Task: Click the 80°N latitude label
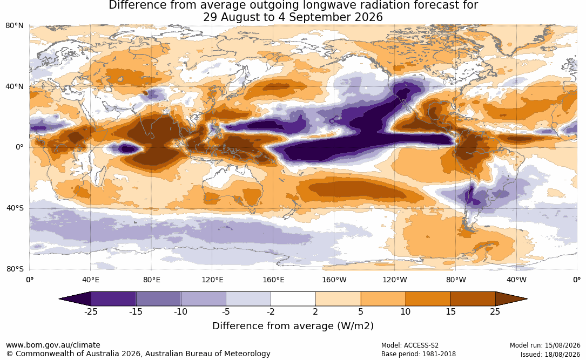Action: click(x=14, y=25)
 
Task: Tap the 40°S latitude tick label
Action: click(x=15, y=208)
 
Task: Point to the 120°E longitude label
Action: click(x=212, y=280)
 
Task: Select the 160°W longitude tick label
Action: click(x=334, y=280)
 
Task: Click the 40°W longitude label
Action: click(x=516, y=280)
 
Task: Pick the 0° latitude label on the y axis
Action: click(x=19, y=147)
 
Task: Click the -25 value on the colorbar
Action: click(x=90, y=311)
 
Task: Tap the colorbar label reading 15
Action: click(x=450, y=311)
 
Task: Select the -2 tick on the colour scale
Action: click(x=271, y=311)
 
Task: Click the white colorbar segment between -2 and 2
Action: click(x=293, y=299)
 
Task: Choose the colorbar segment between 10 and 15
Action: click(x=428, y=299)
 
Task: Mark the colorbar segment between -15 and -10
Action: click(x=158, y=299)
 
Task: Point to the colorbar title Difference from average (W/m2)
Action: click(x=293, y=326)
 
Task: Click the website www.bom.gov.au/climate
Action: click(x=53, y=345)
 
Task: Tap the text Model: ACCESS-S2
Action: click(x=409, y=345)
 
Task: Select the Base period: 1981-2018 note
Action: click(x=418, y=354)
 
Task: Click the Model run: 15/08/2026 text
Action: click(x=545, y=345)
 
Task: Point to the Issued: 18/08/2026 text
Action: click(x=550, y=354)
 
